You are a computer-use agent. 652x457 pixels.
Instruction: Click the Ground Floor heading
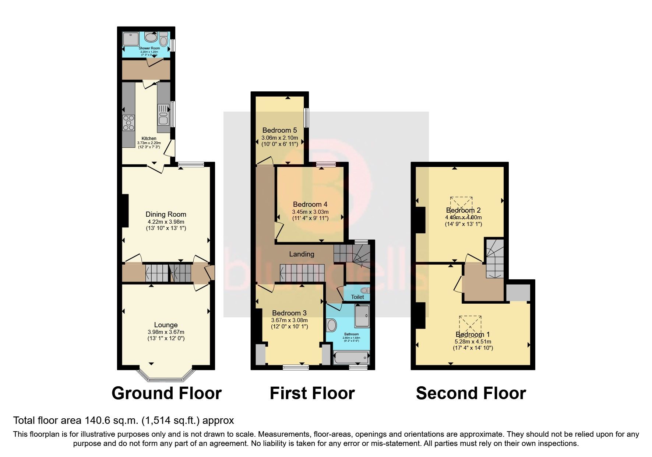coord(166,393)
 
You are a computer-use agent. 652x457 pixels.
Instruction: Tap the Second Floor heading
coord(471,393)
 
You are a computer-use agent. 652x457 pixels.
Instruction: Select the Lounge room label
coord(166,325)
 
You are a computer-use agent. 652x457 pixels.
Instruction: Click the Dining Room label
coord(166,214)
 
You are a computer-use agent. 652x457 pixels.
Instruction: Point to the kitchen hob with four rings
coord(129,122)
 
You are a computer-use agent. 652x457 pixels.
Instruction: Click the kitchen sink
coord(163,114)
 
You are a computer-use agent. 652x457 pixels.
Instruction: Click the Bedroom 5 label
coord(279,130)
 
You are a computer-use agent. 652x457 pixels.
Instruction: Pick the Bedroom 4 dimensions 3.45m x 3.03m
coord(310,212)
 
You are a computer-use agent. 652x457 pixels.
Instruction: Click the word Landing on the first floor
coord(302,254)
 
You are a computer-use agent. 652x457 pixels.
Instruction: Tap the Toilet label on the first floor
coord(357,297)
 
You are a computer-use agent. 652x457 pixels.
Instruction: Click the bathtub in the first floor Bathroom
coord(351,357)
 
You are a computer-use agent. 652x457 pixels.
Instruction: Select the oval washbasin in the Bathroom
coord(332,325)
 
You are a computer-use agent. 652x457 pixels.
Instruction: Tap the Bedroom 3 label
coord(289,313)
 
